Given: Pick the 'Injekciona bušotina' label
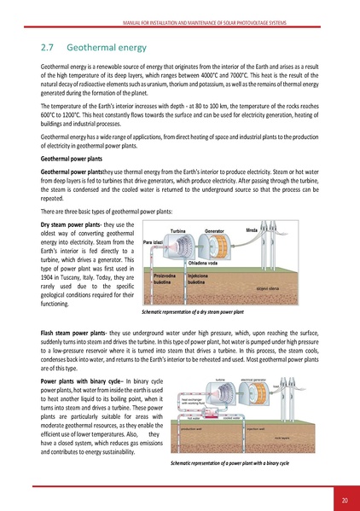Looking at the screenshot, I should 200,280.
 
